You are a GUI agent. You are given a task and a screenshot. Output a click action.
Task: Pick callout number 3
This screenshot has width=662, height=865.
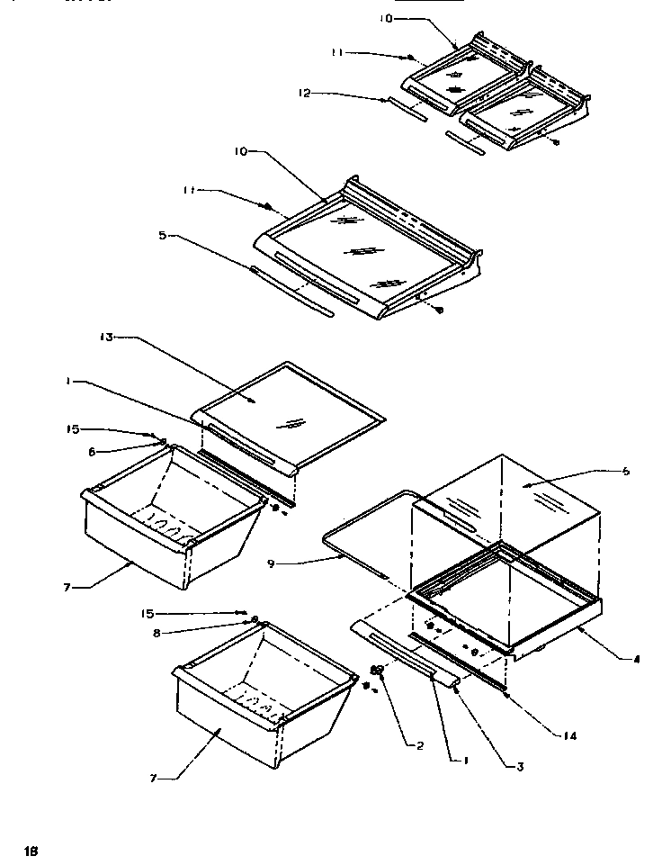519,767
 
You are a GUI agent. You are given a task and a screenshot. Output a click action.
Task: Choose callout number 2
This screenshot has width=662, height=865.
418,745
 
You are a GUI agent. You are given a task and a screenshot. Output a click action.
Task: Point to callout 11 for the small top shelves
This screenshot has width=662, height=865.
337,53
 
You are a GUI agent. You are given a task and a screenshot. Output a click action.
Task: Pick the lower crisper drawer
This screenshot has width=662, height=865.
261,693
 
